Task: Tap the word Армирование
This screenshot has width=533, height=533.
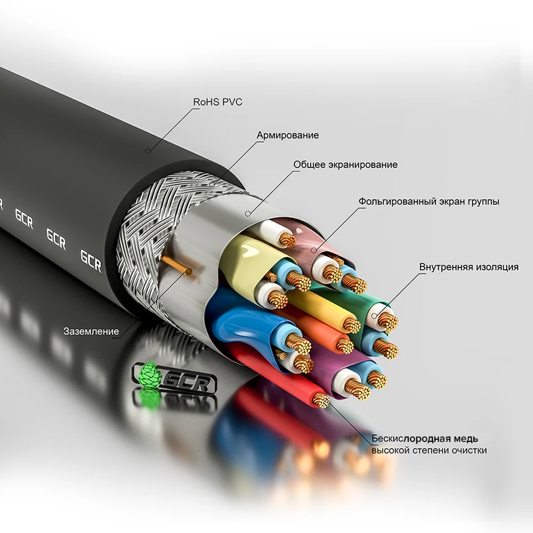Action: click(288, 135)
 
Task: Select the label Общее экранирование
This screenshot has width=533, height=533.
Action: click(345, 165)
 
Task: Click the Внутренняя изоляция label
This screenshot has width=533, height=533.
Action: click(469, 267)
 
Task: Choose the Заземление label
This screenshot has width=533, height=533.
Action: click(91, 331)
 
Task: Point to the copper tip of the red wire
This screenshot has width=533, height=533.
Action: click(320, 400)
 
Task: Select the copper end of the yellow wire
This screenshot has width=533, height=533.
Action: click(350, 324)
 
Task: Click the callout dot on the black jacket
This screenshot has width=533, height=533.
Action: click(148, 151)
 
